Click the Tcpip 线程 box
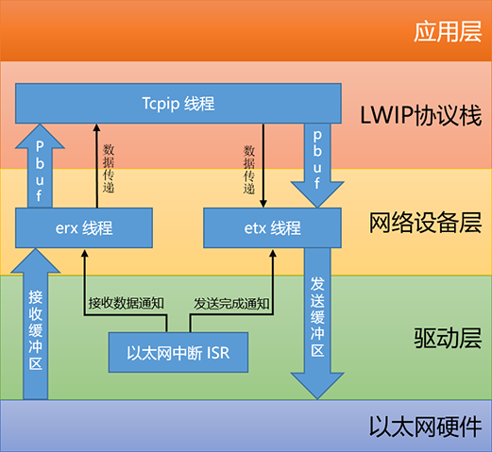point(178,103)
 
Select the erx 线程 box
point(84,227)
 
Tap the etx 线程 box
point(272,227)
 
